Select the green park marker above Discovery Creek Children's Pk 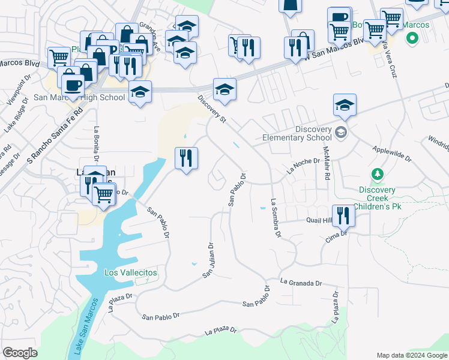pyautogui.click(x=377, y=175)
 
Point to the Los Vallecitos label pyautogui.click(x=131, y=272)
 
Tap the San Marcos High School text pyautogui.click(x=79, y=97)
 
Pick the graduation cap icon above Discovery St pyautogui.click(x=224, y=89)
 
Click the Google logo pyautogui.click(x=20, y=353)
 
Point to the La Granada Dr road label pyautogui.click(x=301, y=283)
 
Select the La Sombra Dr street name pyautogui.click(x=276, y=218)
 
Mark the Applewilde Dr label pyautogui.click(x=392, y=155)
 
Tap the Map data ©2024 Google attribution pyautogui.click(x=411, y=355)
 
